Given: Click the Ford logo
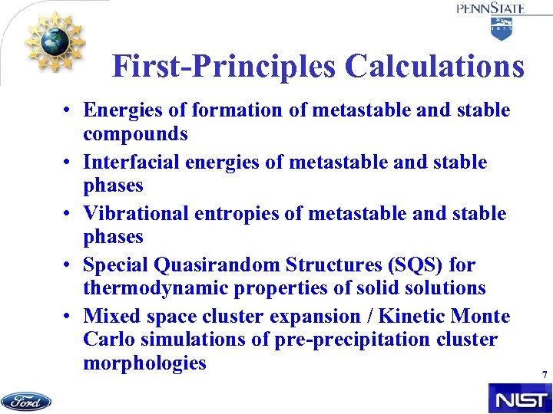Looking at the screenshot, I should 26,401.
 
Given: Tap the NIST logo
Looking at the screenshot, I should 519,399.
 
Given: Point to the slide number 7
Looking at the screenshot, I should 544,375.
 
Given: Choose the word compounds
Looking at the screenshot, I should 135,133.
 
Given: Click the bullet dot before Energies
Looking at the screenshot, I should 68,111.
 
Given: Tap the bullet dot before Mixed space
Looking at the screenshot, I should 68,317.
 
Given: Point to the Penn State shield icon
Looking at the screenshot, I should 502,29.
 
